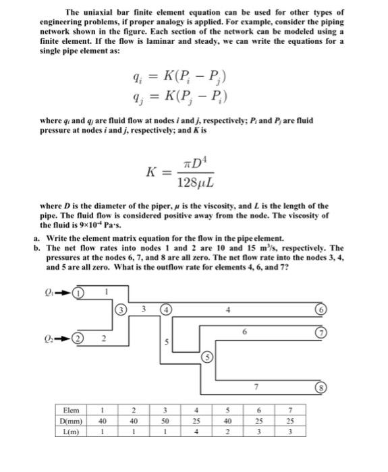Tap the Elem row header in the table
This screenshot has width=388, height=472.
coord(71,409)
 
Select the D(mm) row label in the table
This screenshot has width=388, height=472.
coord(71,421)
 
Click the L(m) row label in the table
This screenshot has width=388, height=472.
coord(71,432)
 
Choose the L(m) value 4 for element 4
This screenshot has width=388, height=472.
coord(194,432)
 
